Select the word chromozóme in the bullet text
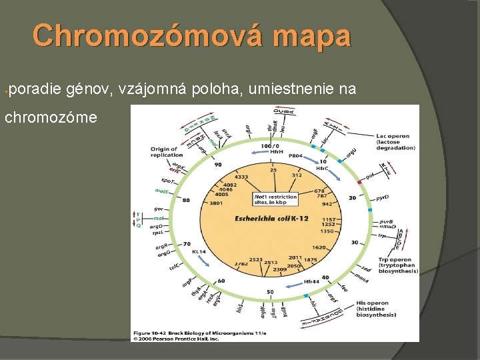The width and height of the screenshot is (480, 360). coord(52,117)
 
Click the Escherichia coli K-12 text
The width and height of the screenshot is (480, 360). coord(269,218)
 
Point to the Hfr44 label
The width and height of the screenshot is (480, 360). coord(313,281)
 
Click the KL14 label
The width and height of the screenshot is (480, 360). coord(199,252)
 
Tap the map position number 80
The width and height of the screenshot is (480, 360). coord(186,199)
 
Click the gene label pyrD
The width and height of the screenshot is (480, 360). coord(382,198)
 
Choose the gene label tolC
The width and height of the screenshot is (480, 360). coord(175,267)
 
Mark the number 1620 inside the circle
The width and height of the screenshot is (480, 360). coord(319,247)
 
